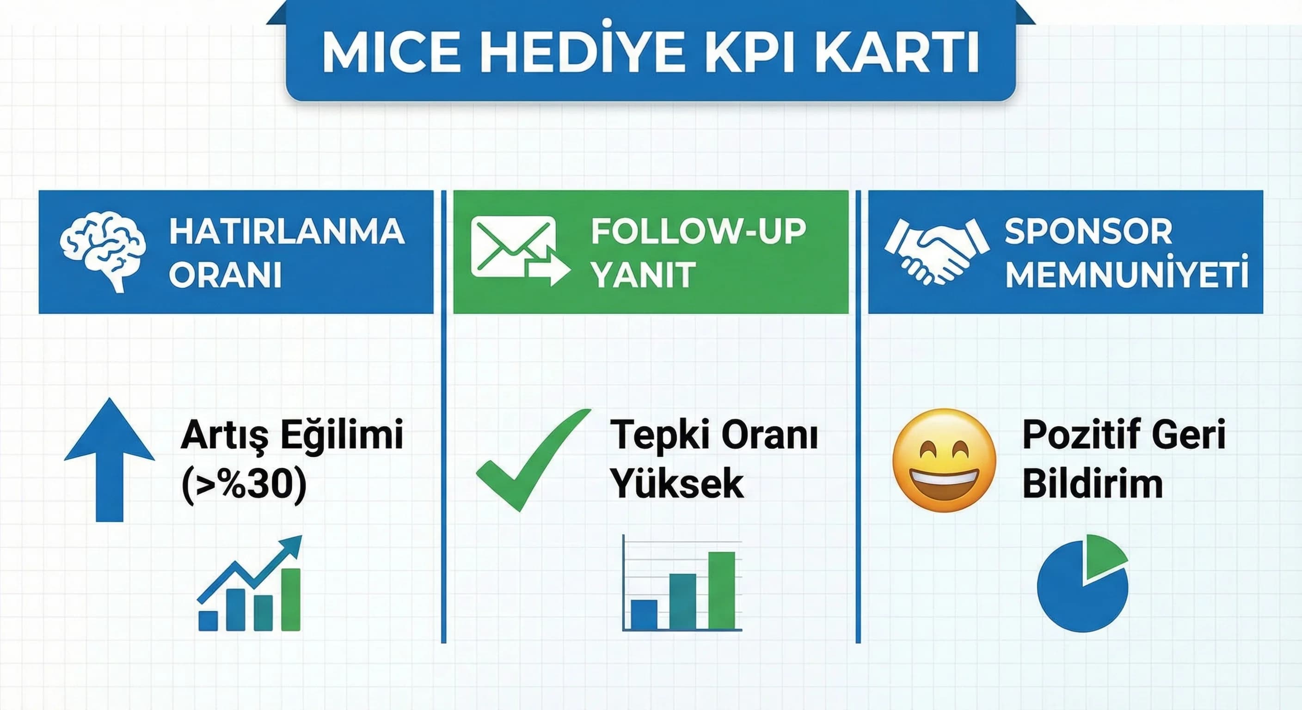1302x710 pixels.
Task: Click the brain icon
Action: pos(103,251)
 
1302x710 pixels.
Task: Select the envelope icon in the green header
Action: pos(514,247)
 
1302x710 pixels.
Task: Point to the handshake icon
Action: pos(937,251)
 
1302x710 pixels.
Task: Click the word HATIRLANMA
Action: pos(287,232)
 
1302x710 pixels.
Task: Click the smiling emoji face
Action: pos(944,460)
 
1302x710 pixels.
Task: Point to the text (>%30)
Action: pos(244,484)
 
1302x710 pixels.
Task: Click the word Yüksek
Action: pos(677,483)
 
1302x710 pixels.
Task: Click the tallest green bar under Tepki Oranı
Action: pos(721,590)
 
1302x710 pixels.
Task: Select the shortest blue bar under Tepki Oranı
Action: pos(644,614)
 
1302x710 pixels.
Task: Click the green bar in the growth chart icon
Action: pos(291,600)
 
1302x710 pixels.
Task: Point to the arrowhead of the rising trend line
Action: pos(294,545)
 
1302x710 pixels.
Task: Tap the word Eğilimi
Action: pos(342,434)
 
